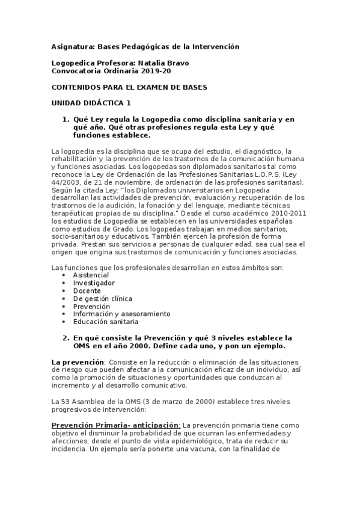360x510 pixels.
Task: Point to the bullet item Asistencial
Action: [91, 275]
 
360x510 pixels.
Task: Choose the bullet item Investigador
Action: [94, 283]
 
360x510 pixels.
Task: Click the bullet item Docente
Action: [87, 290]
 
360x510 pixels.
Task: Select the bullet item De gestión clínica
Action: [103, 298]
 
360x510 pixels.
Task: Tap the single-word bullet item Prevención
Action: [91, 306]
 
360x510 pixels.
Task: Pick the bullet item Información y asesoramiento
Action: [121, 314]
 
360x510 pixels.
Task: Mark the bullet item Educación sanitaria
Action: [106, 322]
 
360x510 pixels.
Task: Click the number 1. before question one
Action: [67, 120]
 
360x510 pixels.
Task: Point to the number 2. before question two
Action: [67, 338]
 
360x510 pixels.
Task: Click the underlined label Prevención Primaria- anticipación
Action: [115, 425]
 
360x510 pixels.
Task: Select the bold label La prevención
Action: [78, 362]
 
